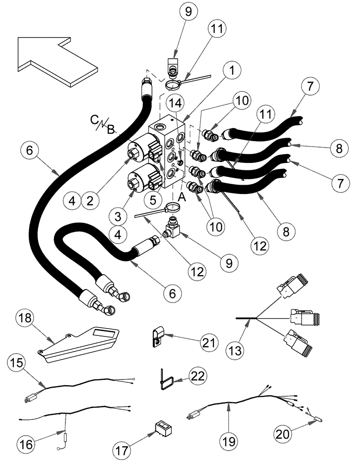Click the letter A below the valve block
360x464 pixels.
181,197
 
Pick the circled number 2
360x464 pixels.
89,200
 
